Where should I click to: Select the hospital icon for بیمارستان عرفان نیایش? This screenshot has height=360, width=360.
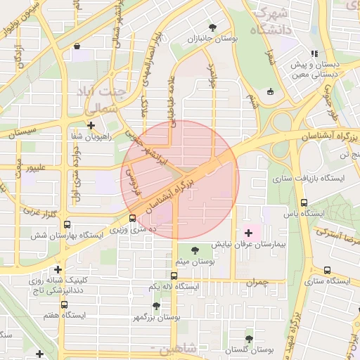(x=248, y=232)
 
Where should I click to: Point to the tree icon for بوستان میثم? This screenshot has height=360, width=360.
(x=195, y=250)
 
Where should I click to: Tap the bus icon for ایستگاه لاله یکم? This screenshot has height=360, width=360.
(x=174, y=276)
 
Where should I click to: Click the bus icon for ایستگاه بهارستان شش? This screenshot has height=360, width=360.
(x=67, y=225)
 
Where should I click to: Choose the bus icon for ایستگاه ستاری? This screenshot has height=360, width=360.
(x=327, y=270)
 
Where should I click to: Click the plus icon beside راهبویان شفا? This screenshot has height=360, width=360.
(x=91, y=125)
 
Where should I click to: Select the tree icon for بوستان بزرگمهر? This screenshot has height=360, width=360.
(x=156, y=306)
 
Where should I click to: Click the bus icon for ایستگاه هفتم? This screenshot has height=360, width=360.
(x=64, y=304)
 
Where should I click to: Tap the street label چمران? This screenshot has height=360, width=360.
(x=257, y=282)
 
